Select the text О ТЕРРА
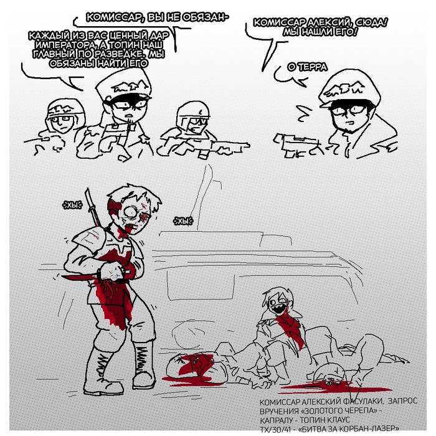click(x=307, y=67)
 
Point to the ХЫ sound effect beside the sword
click(x=72, y=205)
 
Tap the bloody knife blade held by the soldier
click(x=78, y=277)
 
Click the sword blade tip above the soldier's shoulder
click(x=87, y=189)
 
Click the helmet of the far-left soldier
click(x=65, y=108)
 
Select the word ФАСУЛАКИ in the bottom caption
click(x=363, y=402)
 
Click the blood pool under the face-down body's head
click(x=334, y=387)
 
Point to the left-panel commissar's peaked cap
click(x=123, y=85)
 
